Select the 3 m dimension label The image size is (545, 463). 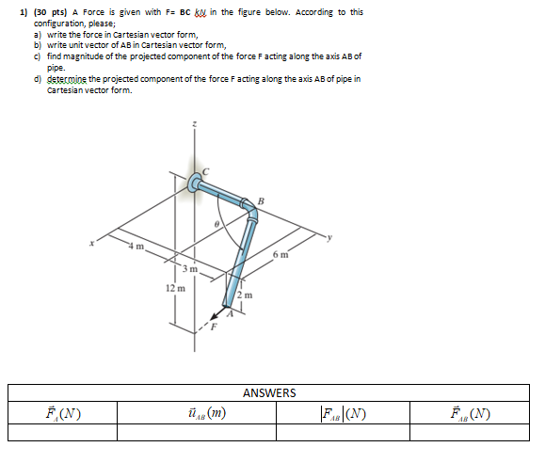point(189,270)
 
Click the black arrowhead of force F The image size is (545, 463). point(216,318)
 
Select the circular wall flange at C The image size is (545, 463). point(197,183)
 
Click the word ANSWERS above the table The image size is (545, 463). point(269,392)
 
